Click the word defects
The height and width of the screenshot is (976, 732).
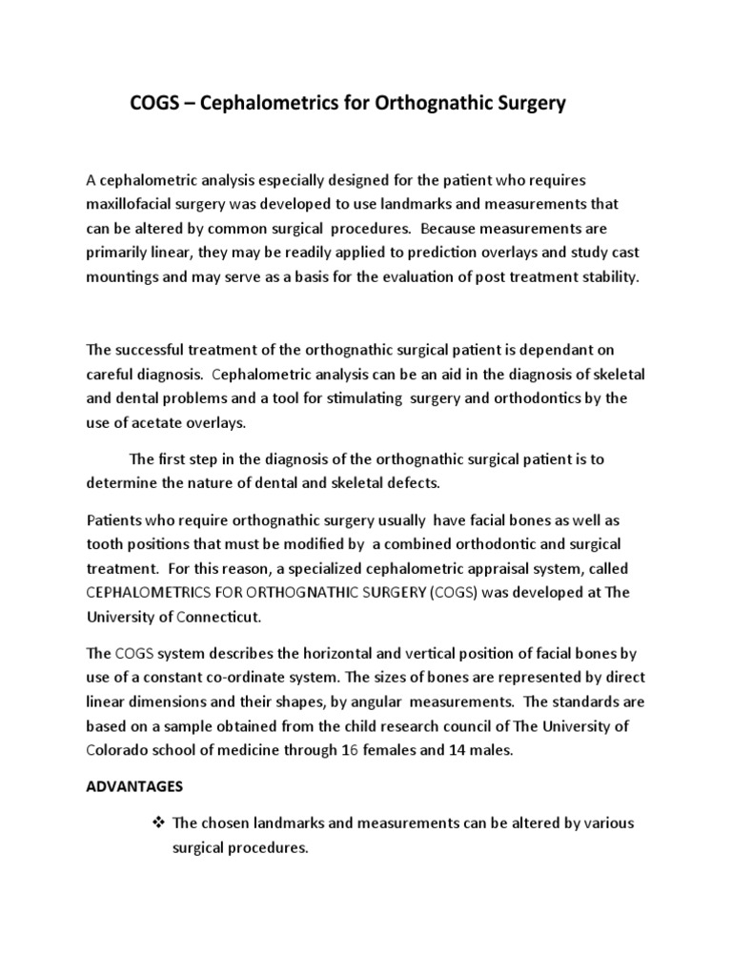411,483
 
